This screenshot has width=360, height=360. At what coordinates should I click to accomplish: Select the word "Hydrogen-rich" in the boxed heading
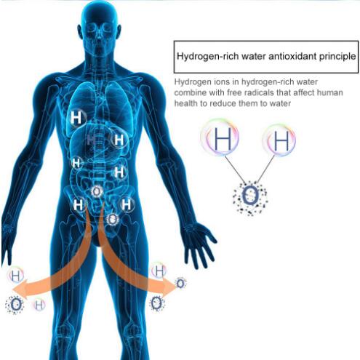point(208,57)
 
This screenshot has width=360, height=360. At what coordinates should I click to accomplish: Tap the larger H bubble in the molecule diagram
point(220,137)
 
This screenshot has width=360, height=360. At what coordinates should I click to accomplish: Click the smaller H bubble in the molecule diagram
point(279,140)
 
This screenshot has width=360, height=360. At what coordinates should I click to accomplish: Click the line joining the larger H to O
point(235,169)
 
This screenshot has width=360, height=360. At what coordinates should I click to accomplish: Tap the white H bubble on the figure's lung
point(76,118)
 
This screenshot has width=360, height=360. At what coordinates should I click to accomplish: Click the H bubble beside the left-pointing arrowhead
point(16,275)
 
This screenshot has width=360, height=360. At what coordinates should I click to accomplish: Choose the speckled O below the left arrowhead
point(15,305)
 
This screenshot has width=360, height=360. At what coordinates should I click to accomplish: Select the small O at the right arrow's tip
point(180,283)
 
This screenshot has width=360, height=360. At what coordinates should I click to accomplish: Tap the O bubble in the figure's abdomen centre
point(97,191)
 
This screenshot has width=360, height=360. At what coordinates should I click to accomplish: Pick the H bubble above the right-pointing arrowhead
point(159,271)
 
